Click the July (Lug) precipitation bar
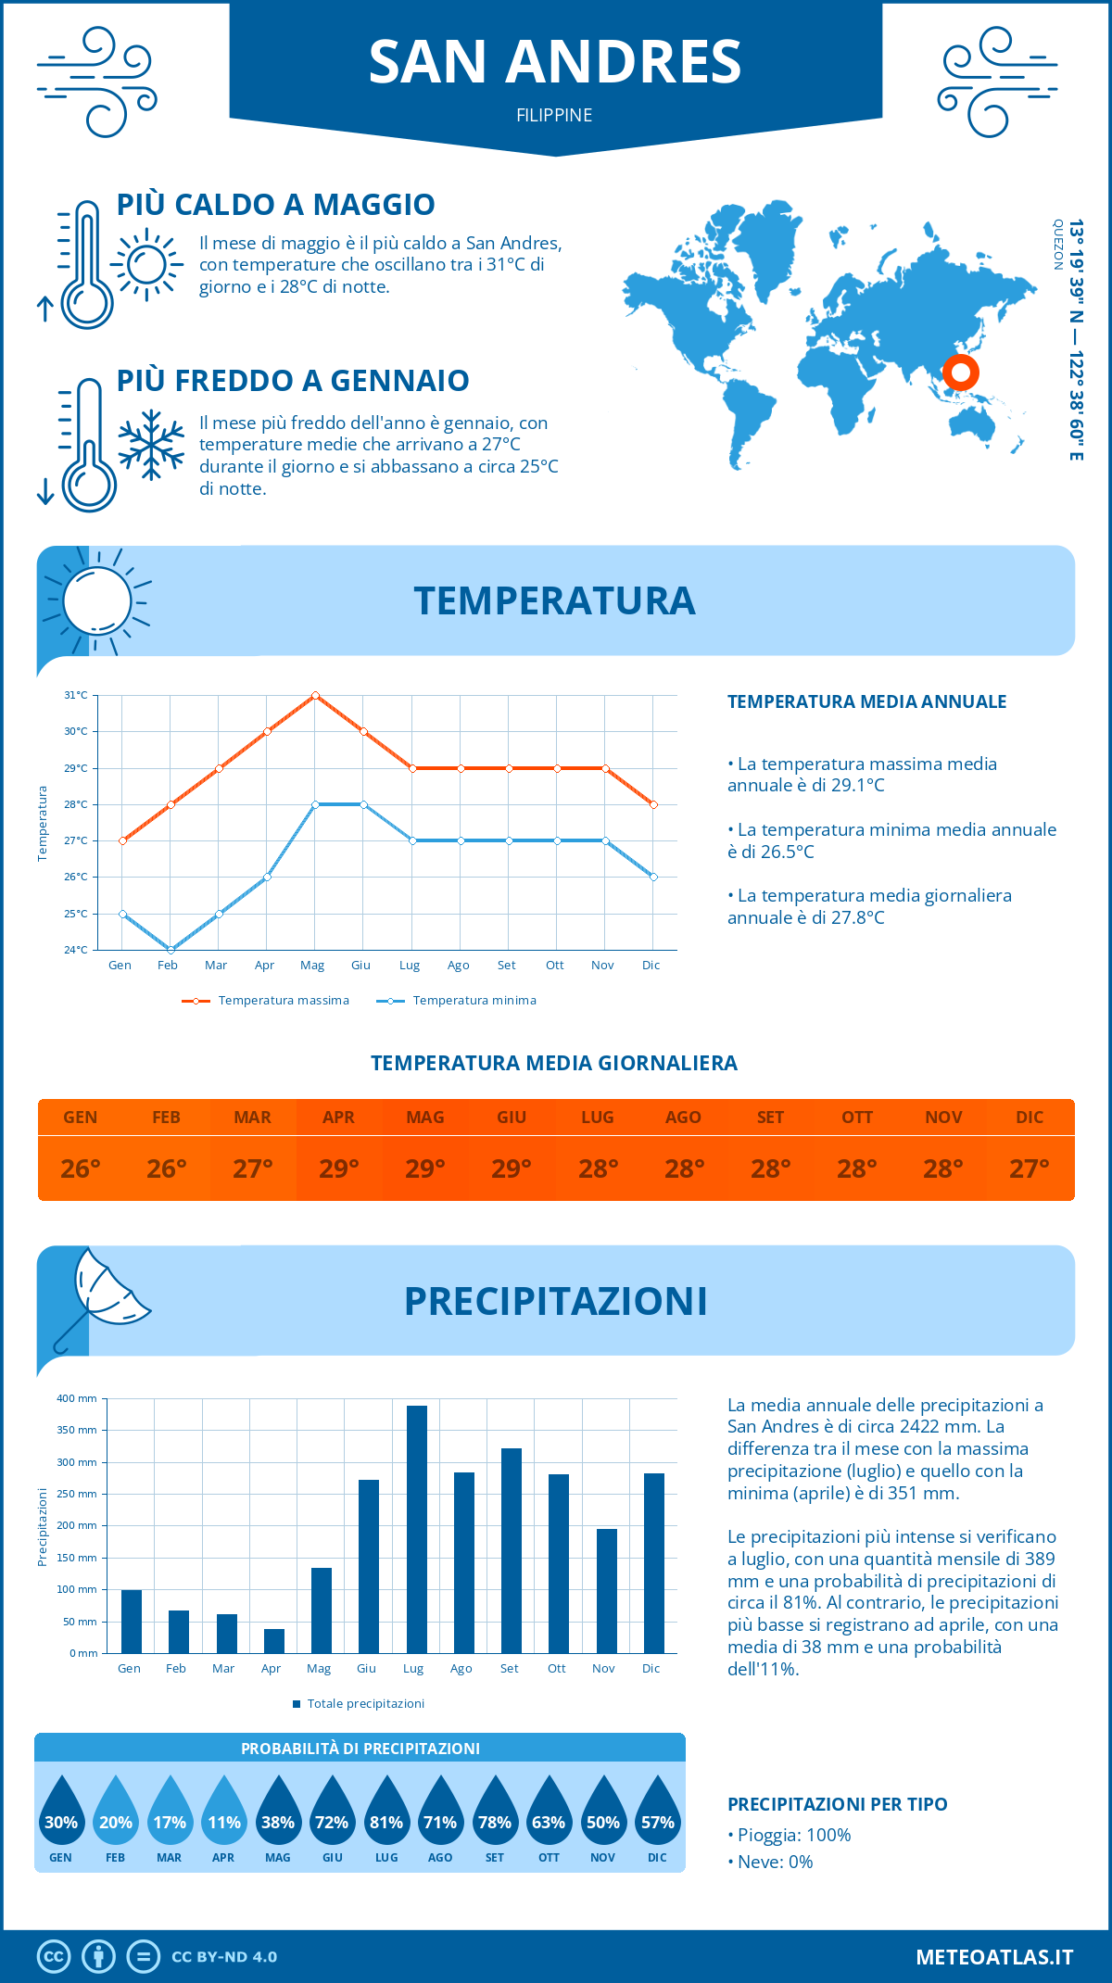416,1529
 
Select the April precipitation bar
274,1641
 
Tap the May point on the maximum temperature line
315,695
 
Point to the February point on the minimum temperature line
171,950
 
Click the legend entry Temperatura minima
456,1001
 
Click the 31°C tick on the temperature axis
76,695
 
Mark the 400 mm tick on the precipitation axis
78,1398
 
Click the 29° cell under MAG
425,1168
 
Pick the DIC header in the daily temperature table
1030,1118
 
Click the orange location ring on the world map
961,373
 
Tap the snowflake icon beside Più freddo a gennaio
151,445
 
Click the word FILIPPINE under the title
554,115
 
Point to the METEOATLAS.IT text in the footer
994,1957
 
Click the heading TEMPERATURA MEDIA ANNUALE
866,701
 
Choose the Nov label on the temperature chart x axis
602,966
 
